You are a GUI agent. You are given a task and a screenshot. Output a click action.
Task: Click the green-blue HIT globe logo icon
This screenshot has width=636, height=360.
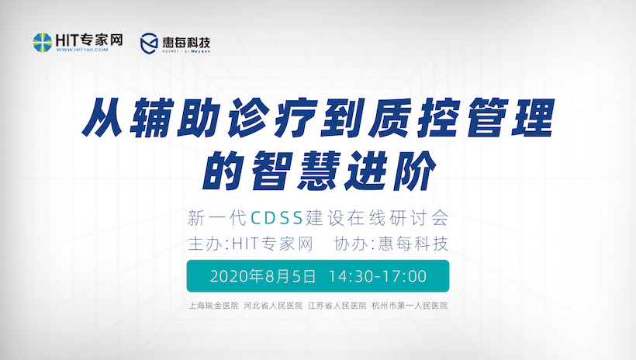tap(43, 42)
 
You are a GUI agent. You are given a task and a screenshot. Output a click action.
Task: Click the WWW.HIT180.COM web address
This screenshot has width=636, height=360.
tap(82, 50)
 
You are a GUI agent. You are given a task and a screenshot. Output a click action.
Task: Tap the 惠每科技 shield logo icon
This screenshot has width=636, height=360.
tap(149, 43)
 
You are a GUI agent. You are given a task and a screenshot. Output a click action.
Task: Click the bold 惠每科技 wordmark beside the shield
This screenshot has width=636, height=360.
tap(186, 42)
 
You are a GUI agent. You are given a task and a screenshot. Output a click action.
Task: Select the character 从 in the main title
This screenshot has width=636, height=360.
tap(103, 118)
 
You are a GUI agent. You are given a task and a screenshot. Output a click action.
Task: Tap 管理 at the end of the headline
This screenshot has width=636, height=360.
tap(507, 118)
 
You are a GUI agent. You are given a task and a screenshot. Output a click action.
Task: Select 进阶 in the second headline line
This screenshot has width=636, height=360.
tap(389, 171)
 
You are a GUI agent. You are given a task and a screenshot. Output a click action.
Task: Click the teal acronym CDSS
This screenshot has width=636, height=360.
tap(277, 218)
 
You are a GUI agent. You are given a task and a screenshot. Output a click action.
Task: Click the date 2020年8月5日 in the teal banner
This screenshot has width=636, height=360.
tap(263, 276)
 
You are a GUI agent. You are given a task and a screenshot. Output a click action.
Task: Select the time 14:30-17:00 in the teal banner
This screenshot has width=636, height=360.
tap(377, 276)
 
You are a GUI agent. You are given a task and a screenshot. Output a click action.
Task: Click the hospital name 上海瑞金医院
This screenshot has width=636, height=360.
tap(213, 306)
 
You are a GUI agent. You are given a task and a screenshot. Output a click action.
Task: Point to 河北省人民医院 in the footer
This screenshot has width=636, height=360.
tap(273, 306)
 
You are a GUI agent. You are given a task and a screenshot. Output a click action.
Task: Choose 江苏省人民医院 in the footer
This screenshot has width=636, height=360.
tap(337, 306)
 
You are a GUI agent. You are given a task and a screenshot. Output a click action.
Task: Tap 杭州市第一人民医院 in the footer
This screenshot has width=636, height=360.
tap(410, 306)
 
